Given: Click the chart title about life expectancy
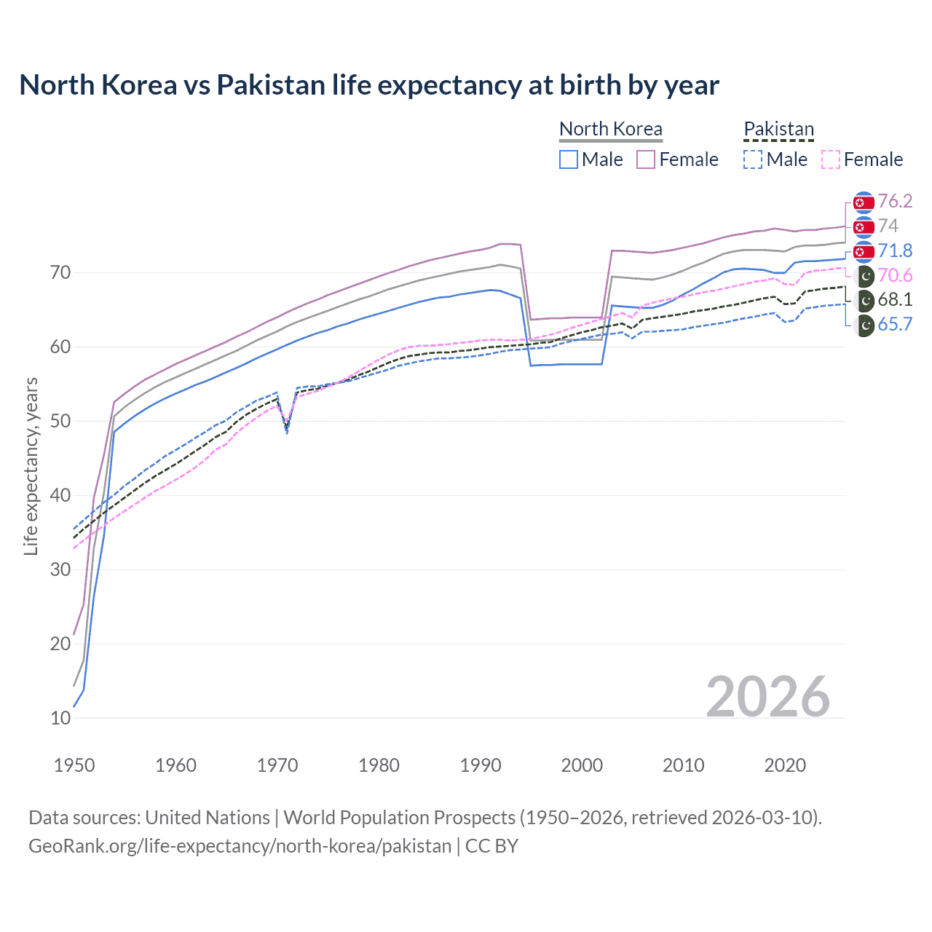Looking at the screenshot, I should pyautogui.click(x=369, y=85).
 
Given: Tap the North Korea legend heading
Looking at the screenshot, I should pyautogui.click(x=610, y=129).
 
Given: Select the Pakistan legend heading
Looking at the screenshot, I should pyautogui.click(x=778, y=129).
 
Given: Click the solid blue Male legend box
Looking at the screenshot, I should pyautogui.click(x=569, y=159).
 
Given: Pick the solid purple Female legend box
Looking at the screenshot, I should pyautogui.click(x=646, y=159).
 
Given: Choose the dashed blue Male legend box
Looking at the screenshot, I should pyautogui.click(x=753, y=159).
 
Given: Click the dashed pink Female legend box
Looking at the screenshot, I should pyautogui.click(x=830, y=159).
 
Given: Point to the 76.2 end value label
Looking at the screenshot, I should pyautogui.click(x=895, y=201).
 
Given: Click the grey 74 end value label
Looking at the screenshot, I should pyautogui.click(x=888, y=226).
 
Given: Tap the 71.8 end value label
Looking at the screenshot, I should pyautogui.click(x=895, y=250).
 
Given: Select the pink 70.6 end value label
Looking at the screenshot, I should pyautogui.click(x=895, y=275).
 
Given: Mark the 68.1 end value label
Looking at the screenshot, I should pyautogui.click(x=895, y=299).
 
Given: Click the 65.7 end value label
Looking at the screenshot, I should pyautogui.click(x=895, y=324).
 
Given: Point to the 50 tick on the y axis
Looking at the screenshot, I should pyautogui.click(x=60, y=421).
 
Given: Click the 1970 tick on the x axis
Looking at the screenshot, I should pyautogui.click(x=277, y=765).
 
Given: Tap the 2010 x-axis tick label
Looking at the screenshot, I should pyautogui.click(x=683, y=765).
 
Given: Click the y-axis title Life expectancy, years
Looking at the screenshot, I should pyautogui.click(x=31, y=466).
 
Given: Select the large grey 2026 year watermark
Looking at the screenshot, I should pyautogui.click(x=767, y=697).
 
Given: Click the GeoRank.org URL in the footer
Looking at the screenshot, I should pyautogui.click(x=240, y=846).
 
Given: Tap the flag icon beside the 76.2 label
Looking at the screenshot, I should pyautogui.click(x=864, y=202).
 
